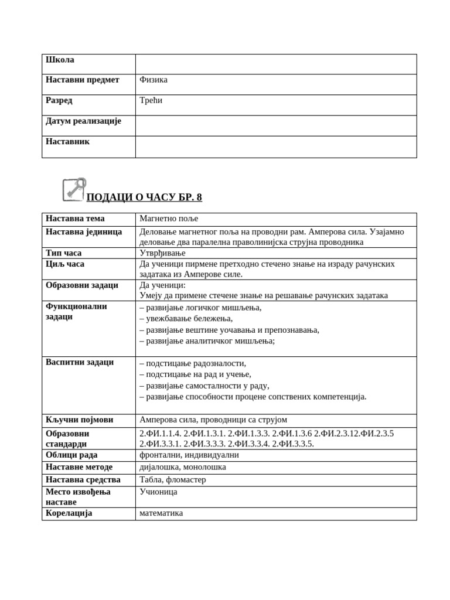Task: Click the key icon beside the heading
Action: tap(74, 189)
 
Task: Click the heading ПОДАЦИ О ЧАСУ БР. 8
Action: tap(144, 197)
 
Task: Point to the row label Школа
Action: tap(60, 60)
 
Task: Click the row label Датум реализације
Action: tap(83, 121)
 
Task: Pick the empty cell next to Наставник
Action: tap(275, 147)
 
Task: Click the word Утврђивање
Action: tap(162, 253)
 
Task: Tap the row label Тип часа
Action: tap(64, 253)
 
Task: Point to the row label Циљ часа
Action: tap(65, 264)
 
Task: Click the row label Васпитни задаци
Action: tap(80, 362)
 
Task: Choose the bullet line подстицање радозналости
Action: tap(193, 363)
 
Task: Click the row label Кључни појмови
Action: tap(80, 420)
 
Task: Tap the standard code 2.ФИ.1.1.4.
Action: tap(160, 434)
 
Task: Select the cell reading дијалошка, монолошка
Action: tap(183, 467)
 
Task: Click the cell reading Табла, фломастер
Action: tap(173, 480)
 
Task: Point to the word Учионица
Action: tap(158, 492)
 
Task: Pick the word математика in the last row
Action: tap(161, 513)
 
